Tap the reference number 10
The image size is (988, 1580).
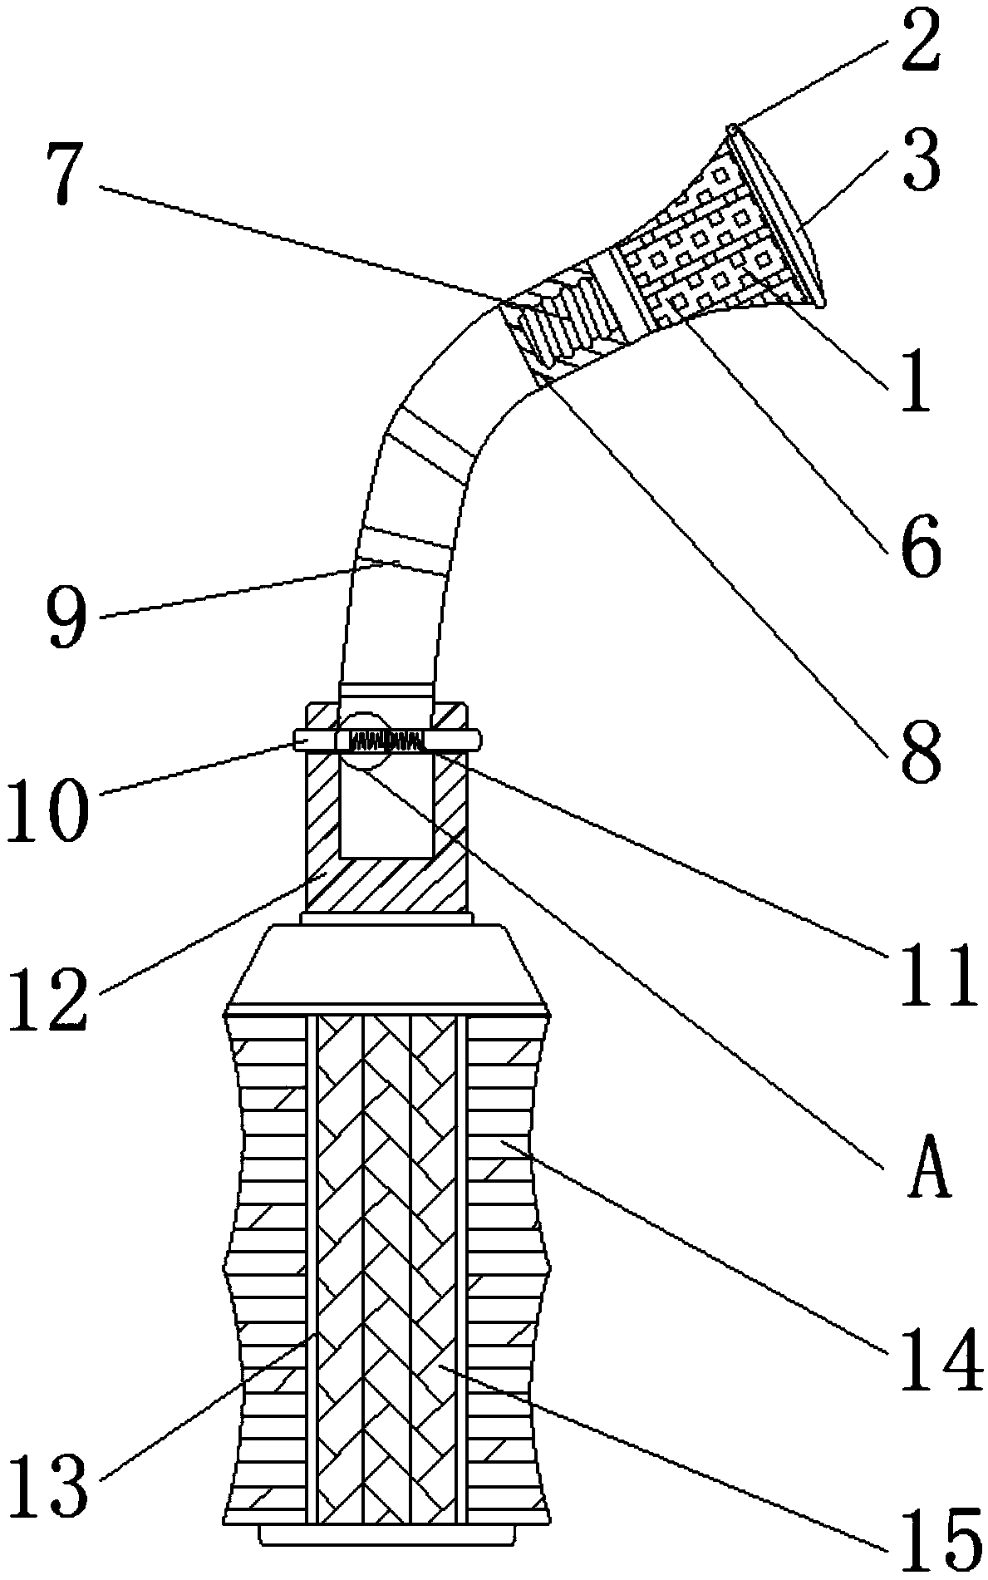click(47, 798)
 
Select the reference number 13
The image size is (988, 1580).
click(47, 1486)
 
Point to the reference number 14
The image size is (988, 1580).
click(939, 1347)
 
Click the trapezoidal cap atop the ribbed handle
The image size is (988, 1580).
click(386, 964)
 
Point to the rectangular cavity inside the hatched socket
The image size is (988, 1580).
click(386, 806)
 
